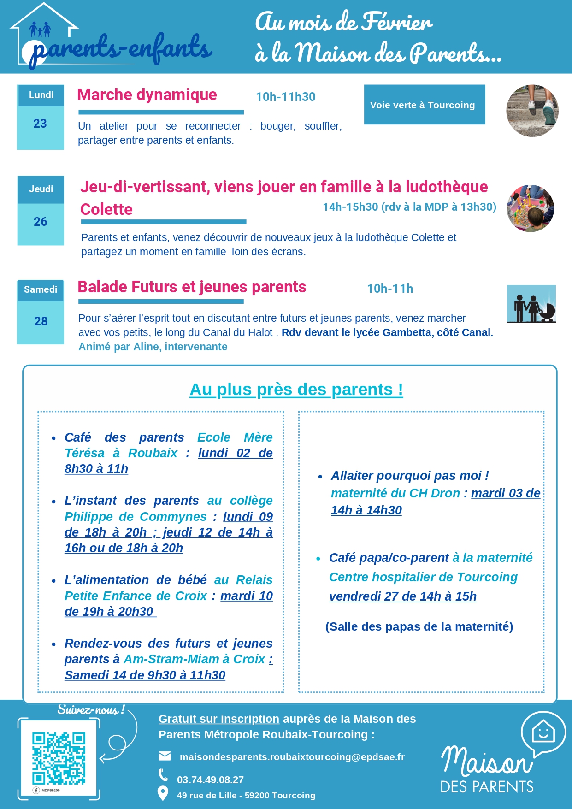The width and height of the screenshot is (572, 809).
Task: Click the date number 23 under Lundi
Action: (x=40, y=124)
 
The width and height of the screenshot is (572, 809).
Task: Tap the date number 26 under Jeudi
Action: (x=41, y=222)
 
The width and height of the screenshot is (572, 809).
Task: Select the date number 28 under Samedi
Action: (x=41, y=321)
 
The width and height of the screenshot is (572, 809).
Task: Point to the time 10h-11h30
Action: (x=286, y=97)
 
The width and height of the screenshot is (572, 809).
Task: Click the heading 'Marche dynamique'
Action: (x=147, y=94)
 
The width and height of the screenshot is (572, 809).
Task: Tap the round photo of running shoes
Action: (x=532, y=111)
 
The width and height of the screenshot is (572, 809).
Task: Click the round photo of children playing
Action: (x=530, y=208)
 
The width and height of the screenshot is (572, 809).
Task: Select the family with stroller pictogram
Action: (x=531, y=304)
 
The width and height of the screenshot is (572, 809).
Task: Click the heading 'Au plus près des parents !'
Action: (x=296, y=390)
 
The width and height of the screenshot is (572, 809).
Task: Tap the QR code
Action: (x=59, y=758)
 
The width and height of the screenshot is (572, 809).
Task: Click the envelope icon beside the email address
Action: (x=165, y=756)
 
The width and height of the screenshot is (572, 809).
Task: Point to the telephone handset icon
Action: (x=163, y=775)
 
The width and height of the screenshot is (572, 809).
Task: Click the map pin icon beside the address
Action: (x=163, y=793)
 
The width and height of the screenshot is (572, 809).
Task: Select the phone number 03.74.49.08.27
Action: (x=210, y=779)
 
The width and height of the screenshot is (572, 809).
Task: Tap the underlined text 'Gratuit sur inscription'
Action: (x=219, y=719)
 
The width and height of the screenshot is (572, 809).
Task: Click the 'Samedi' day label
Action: (x=41, y=289)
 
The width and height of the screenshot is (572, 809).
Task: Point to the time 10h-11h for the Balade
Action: (x=390, y=289)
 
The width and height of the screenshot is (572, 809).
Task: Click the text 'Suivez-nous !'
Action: (x=91, y=710)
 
